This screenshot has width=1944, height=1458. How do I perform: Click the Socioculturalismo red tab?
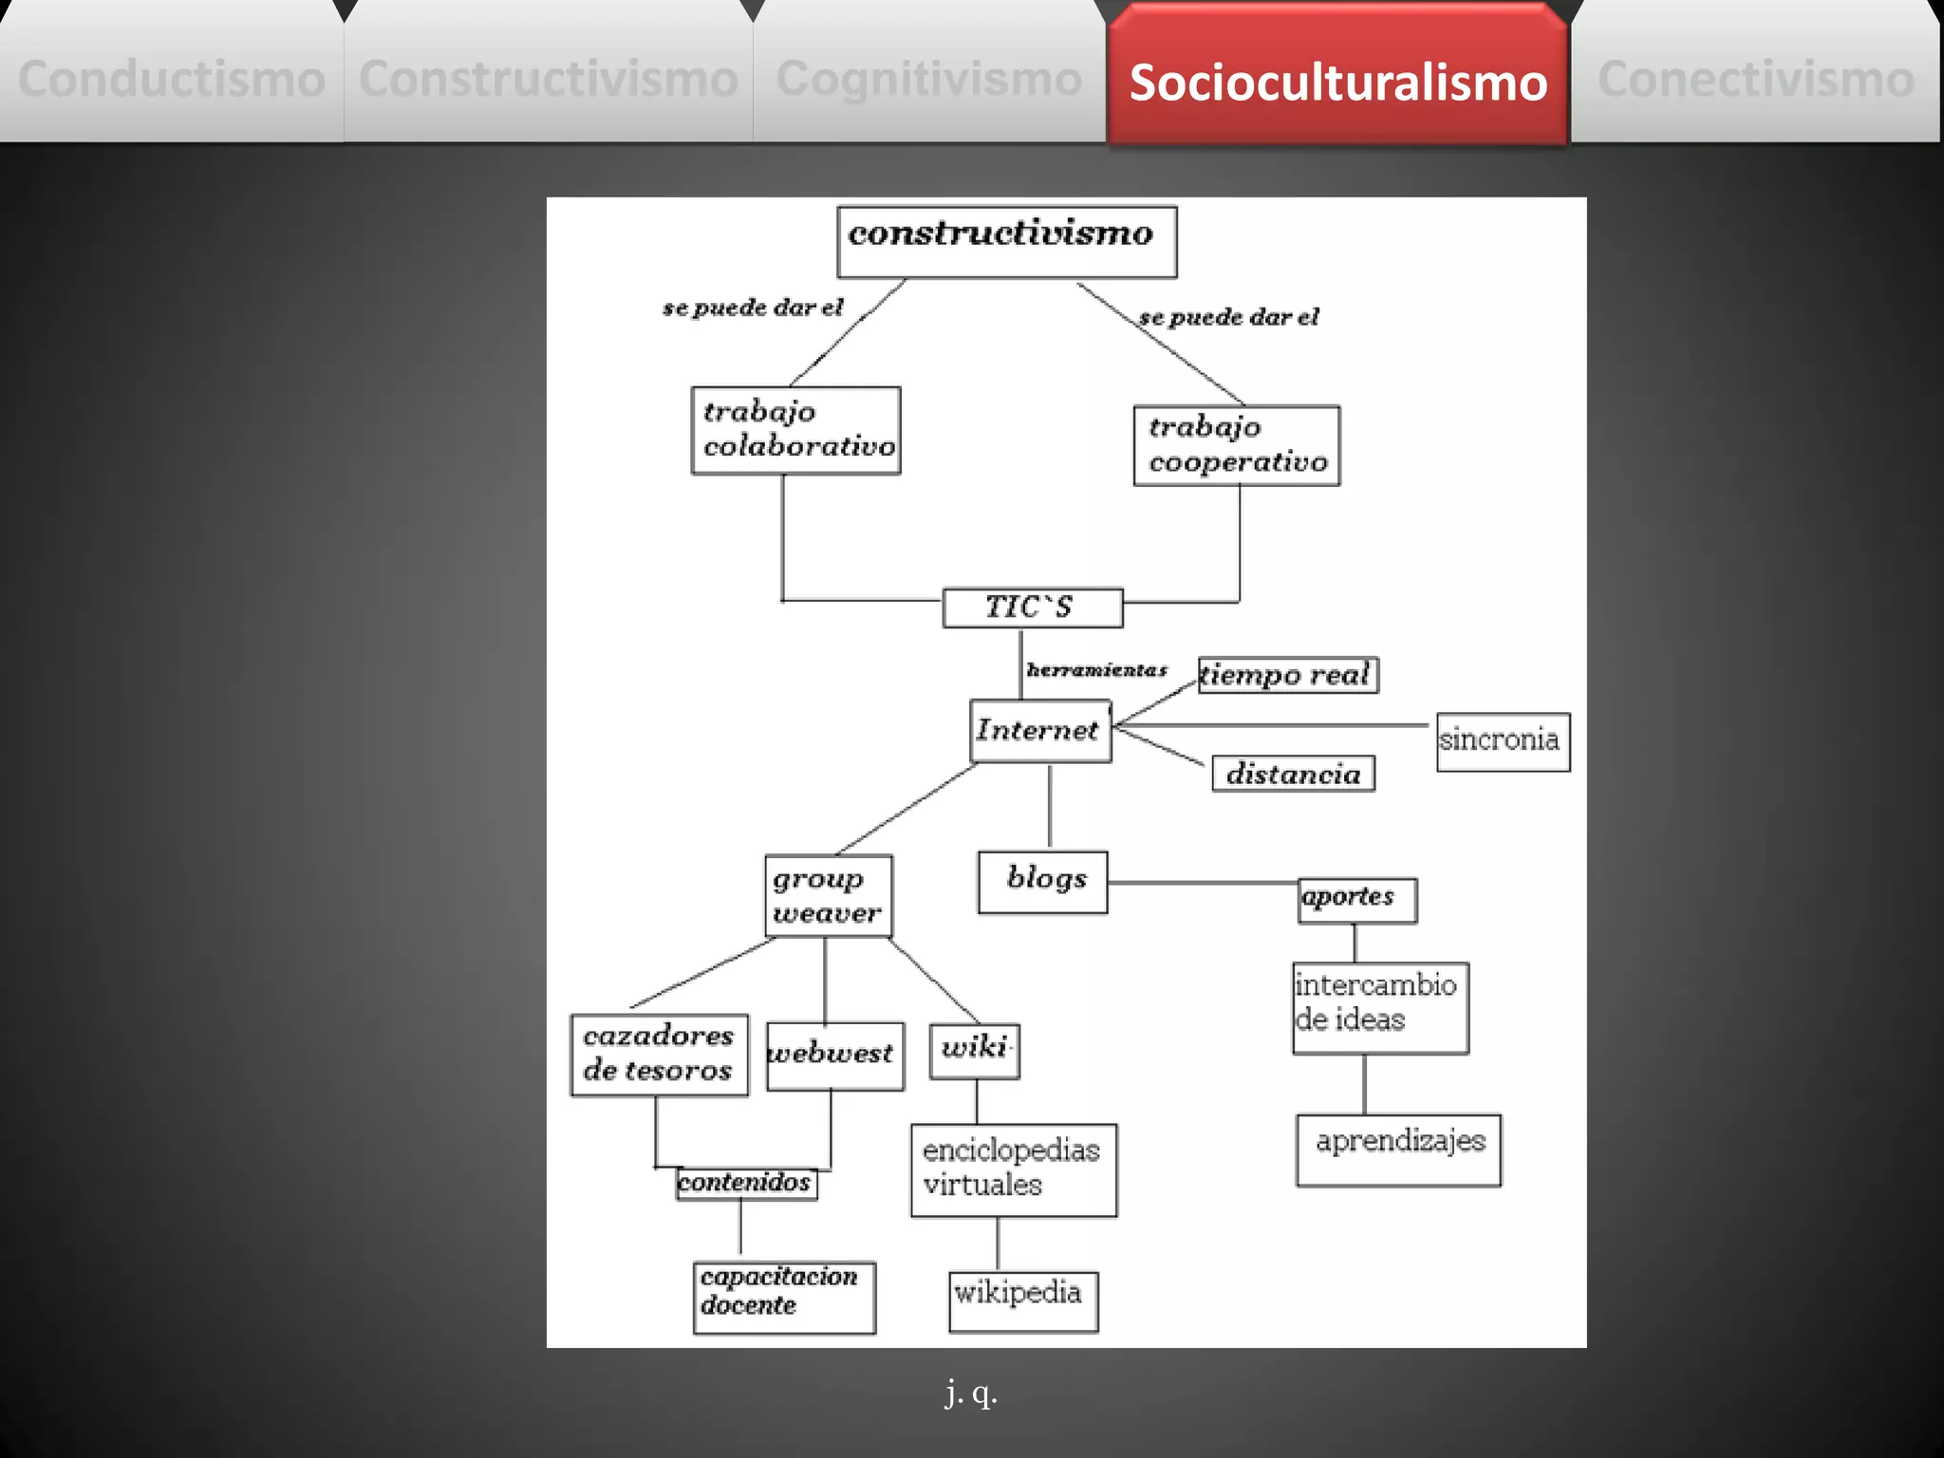point(1337,81)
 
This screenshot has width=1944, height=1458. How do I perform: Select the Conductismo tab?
point(171,78)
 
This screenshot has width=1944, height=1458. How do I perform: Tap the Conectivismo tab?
point(1755,78)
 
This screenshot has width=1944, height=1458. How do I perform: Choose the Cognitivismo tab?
point(928,78)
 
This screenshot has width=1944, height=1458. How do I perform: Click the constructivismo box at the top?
point(1006,241)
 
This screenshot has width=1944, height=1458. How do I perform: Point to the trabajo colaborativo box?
point(795,430)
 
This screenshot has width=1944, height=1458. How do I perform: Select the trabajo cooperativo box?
point(1236,445)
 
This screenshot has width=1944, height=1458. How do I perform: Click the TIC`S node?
point(1032,607)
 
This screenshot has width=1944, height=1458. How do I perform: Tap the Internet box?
point(1039,730)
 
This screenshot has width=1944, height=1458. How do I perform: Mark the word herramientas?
point(1096,670)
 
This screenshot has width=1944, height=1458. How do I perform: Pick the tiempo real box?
point(1286,675)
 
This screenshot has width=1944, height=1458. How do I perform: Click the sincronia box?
point(1502,741)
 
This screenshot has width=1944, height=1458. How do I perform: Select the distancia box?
point(1293,774)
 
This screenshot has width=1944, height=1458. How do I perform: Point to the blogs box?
point(1042,882)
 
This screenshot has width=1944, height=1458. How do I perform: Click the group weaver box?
point(828,896)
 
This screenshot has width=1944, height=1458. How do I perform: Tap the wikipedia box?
point(1022,1300)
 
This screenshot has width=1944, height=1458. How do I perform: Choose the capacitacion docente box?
point(784,1297)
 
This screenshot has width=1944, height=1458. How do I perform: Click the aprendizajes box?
point(1398,1150)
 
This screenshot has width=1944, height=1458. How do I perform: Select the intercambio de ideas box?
point(1379,1007)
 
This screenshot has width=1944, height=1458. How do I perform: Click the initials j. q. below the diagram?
point(971,1393)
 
